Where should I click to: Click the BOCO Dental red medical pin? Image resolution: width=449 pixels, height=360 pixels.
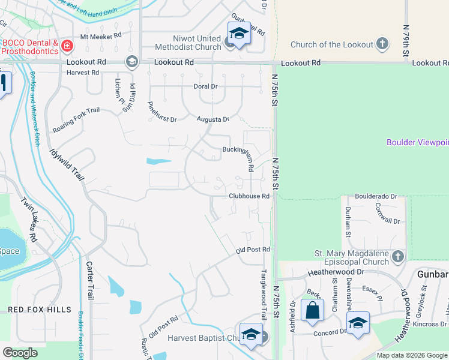pos(67,46)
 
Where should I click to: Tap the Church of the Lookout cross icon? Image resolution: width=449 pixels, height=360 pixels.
pos(382,44)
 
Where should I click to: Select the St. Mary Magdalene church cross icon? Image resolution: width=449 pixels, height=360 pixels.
pos(397,257)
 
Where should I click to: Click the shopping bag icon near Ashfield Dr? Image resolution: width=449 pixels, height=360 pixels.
pos(312,310)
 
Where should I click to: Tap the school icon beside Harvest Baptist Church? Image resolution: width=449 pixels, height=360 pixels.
pos(250,335)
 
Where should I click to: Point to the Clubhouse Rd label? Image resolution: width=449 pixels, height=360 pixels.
pos(248,196)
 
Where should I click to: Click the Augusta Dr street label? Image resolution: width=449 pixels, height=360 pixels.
pos(213,119)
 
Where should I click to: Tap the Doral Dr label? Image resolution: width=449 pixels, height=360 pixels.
pos(205,86)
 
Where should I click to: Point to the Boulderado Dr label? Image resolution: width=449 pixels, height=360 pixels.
pos(376,196)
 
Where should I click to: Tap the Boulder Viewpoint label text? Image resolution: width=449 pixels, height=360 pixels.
pos(417,142)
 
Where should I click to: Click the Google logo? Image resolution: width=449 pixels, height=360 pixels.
pos(20,353)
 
